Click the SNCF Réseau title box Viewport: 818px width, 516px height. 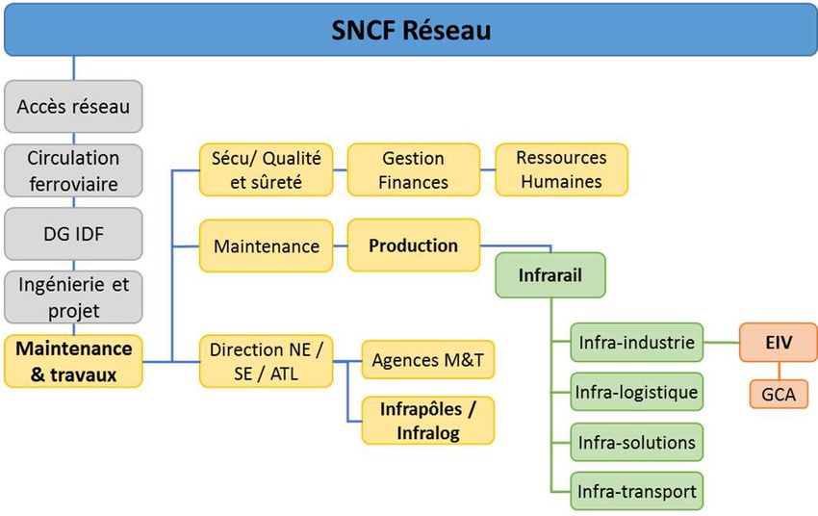coord(411,29)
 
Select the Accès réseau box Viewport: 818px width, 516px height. coord(73,107)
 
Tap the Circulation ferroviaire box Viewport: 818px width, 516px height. coord(73,170)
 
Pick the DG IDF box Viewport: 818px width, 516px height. coord(73,234)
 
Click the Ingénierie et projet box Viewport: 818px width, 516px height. coord(73,297)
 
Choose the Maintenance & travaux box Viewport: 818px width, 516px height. coord(73,361)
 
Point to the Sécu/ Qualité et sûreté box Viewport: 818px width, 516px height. coord(266,170)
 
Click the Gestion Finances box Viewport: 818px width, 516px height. coord(414,170)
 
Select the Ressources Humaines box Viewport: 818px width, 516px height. coord(562,169)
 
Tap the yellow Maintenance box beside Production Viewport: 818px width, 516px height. coord(266,245)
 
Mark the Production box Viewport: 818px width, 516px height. coord(414,245)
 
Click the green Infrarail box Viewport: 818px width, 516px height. coord(550,275)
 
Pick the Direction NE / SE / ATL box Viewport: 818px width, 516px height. coord(266,361)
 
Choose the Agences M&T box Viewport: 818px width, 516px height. coord(428,359)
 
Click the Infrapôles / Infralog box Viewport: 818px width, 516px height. coord(428,421)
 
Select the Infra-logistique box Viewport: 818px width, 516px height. coord(636,392)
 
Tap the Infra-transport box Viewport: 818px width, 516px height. coord(636,491)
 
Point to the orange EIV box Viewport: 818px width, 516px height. coord(779,343)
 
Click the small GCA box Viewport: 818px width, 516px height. coord(779,394)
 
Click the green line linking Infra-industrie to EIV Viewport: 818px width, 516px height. coord(722,343)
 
